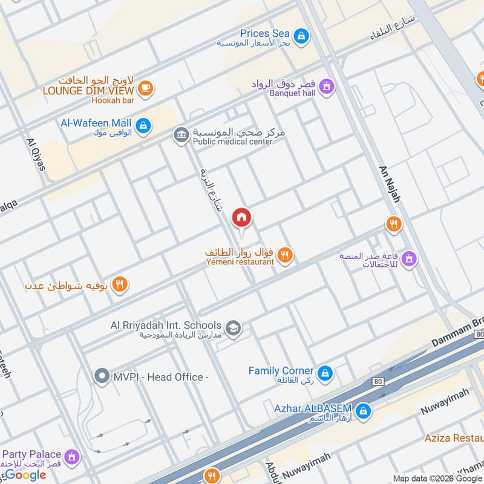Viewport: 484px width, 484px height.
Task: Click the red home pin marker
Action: coord(242,218)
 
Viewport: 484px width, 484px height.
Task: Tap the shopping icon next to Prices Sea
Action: coord(301,37)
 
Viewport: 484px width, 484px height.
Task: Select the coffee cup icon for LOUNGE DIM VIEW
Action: coord(145,89)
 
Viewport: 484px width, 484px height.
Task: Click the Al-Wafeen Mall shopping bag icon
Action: coord(142,125)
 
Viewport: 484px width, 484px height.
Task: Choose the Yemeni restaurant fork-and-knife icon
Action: coord(286,256)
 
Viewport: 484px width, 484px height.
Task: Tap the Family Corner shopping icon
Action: coord(325,374)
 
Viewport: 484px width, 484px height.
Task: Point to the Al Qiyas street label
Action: coord(36,154)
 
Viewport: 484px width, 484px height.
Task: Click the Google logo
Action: coord(25,475)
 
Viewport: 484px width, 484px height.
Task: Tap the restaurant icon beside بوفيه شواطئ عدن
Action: coord(120,284)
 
